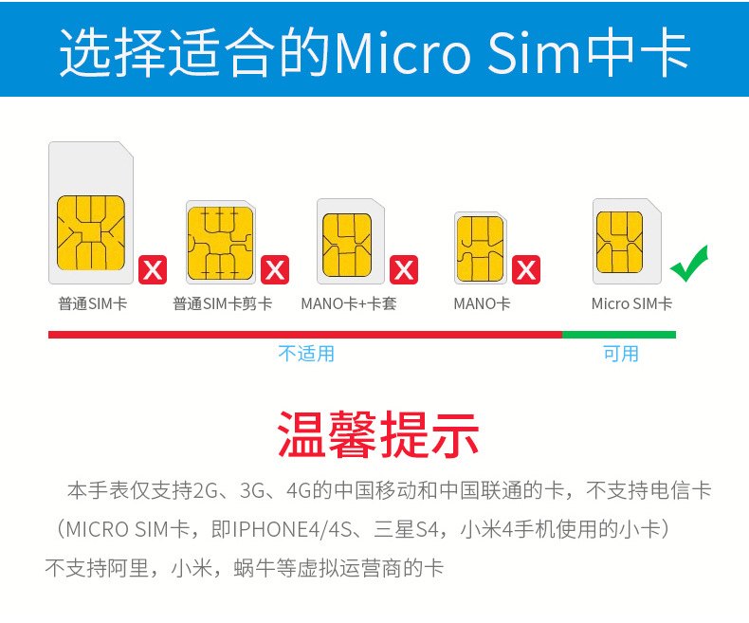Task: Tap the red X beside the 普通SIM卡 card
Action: coord(153,270)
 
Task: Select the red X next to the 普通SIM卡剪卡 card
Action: coord(275,270)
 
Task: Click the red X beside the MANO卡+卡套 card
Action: coord(404,270)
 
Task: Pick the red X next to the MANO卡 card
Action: coord(526,270)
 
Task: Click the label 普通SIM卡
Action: coord(93,303)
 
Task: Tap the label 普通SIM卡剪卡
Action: coord(223,303)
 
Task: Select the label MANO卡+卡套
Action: coord(349,303)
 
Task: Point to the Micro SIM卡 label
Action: coord(632,303)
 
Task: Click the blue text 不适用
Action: coord(306,354)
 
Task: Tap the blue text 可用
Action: coord(620,354)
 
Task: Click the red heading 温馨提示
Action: coord(378,434)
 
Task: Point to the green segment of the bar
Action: coord(619,335)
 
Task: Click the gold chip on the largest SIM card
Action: coord(91,232)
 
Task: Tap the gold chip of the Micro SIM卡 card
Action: coord(619,242)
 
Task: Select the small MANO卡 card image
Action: coord(481,247)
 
